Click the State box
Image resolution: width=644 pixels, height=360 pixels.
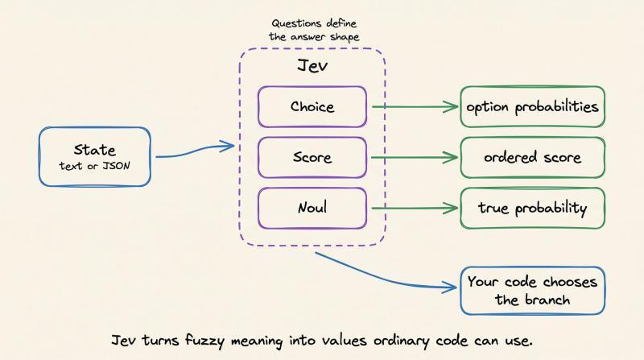coord(95,156)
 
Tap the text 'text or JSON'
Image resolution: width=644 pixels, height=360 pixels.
coord(94,166)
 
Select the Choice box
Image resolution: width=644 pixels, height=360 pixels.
coord(312,106)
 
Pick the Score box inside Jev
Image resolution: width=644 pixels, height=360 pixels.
coord(312,157)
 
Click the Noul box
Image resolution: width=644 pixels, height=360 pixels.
coord(312,208)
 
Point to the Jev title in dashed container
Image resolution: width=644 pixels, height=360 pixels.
coord(312,66)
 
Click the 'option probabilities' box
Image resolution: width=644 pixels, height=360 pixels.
coord(532,106)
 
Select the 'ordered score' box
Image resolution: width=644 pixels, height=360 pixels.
coord(532,157)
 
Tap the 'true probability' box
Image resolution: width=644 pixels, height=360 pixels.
coord(532,208)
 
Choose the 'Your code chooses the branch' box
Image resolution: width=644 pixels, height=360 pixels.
coord(532,291)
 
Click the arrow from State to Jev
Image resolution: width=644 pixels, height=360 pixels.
coord(195,151)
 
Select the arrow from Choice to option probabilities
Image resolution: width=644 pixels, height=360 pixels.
coord(415,107)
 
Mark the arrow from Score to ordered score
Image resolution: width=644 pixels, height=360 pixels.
coord(414,157)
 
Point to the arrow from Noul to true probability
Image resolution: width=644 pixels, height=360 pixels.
coord(415,209)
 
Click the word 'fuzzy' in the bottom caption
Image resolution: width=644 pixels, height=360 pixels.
coord(204,341)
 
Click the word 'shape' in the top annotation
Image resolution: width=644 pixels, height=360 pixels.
coord(345,38)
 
